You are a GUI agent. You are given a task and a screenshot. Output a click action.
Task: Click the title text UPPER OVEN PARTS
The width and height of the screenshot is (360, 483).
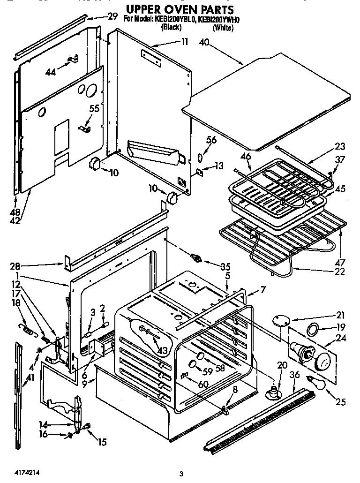[x=180, y=9]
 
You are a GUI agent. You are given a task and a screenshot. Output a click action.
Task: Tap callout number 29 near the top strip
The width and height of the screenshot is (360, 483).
[x=112, y=16]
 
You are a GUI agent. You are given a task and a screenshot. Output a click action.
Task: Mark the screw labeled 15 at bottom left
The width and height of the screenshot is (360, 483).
[x=87, y=426]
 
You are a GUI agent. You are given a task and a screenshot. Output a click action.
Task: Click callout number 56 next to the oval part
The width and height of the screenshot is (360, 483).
[x=212, y=140]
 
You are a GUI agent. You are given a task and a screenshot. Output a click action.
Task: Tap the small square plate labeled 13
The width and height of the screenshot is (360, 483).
[x=199, y=172]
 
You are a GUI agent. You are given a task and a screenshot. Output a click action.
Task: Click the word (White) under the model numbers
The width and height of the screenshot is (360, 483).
[x=223, y=28]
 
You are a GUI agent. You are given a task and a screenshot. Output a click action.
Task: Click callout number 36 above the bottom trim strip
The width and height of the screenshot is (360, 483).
[x=294, y=374]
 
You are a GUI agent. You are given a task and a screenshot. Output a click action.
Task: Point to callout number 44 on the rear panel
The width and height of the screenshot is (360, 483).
[x=51, y=72]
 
